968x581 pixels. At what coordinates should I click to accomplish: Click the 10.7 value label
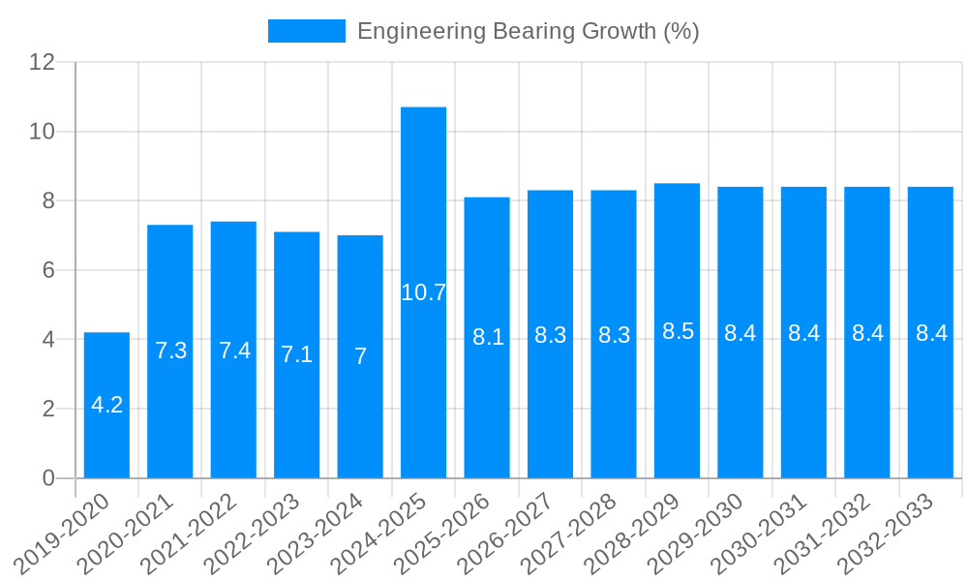click(423, 292)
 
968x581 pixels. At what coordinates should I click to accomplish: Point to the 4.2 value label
click(106, 405)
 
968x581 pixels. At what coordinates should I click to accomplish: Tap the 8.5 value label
click(678, 331)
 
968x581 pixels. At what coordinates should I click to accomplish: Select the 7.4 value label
click(234, 351)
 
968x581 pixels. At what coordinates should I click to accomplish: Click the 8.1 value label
click(488, 337)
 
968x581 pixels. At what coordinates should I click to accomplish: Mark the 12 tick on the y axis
click(43, 62)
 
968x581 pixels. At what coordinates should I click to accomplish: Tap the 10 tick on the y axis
click(43, 132)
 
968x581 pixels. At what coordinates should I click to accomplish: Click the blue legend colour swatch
click(306, 31)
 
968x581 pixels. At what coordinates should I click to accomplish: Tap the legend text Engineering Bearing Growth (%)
click(528, 31)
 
